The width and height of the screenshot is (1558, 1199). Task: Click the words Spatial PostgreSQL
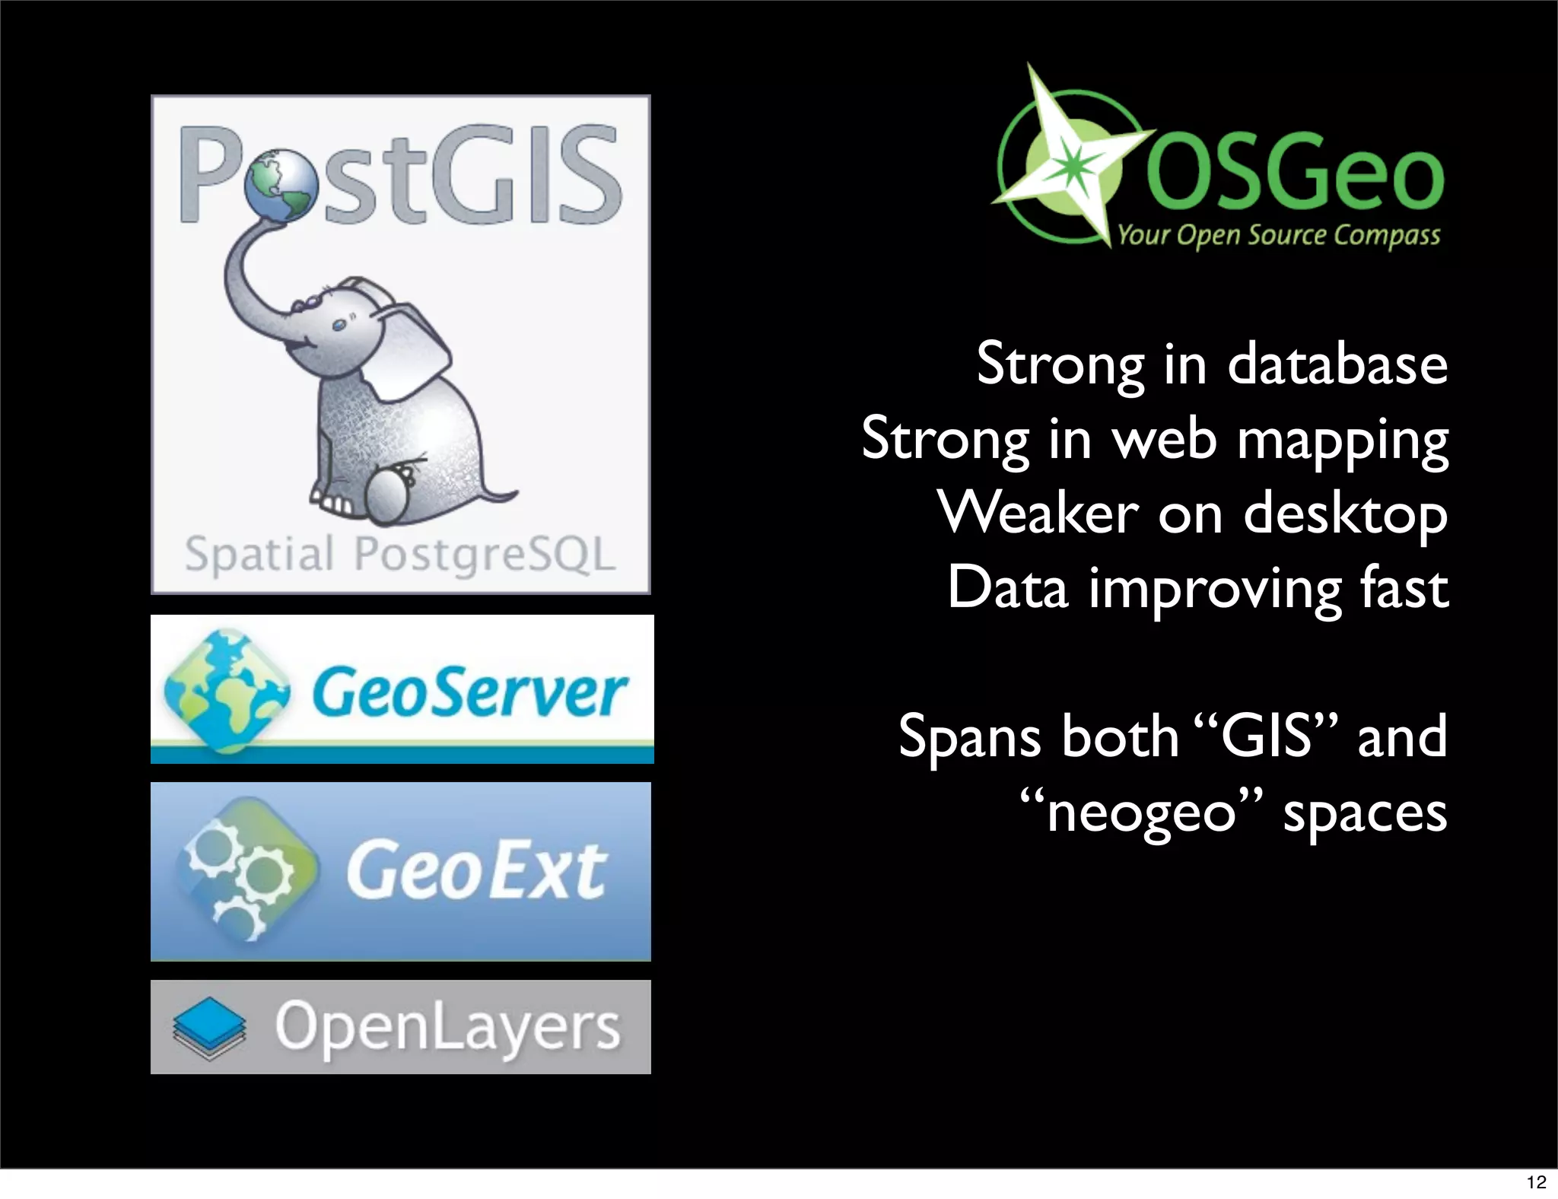[x=400, y=553]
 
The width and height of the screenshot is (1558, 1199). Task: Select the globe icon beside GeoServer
[x=225, y=691]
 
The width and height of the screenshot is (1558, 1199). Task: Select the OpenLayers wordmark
[x=447, y=1026]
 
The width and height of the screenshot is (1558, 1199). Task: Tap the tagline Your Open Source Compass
[x=1278, y=235]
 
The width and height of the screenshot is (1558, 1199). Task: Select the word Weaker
[x=1038, y=513]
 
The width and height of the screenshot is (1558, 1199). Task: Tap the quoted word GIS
[x=1267, y=736]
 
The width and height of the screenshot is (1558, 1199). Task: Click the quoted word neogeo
[x=1141, y=812]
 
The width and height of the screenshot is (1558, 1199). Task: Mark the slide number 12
[x=1536, y=1182]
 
